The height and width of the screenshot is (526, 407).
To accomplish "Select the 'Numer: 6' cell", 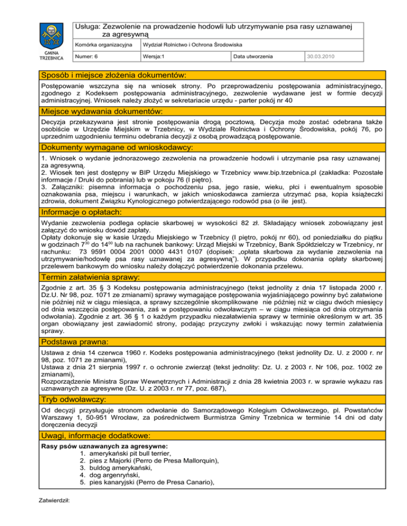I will pyautogui.click(x=86, y=56).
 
